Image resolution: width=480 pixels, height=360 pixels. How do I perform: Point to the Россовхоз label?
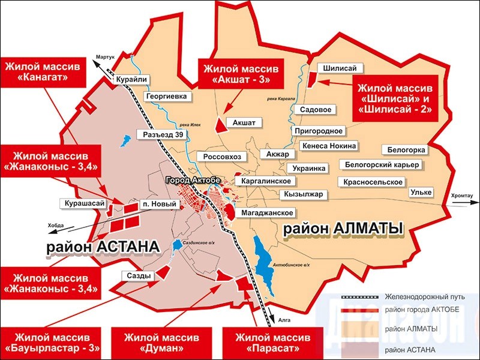(221, 157)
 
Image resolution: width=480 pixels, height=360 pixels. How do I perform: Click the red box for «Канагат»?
(43, 71)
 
